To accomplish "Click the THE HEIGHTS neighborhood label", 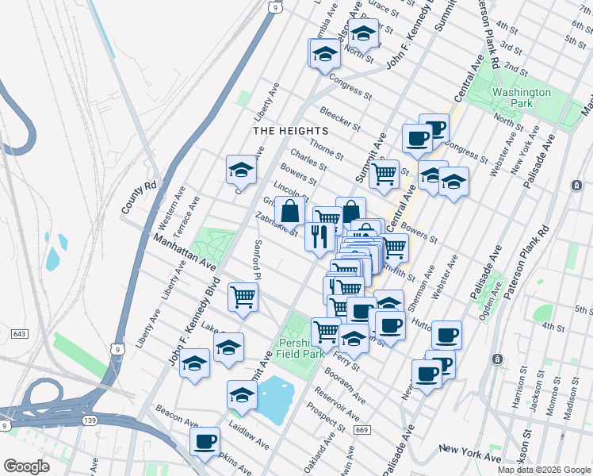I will point(290,130).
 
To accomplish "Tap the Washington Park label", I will point(521,98).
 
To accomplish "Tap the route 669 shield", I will point(362,430).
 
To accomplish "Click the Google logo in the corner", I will point(26,466).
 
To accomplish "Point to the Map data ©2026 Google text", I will point(543,470).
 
